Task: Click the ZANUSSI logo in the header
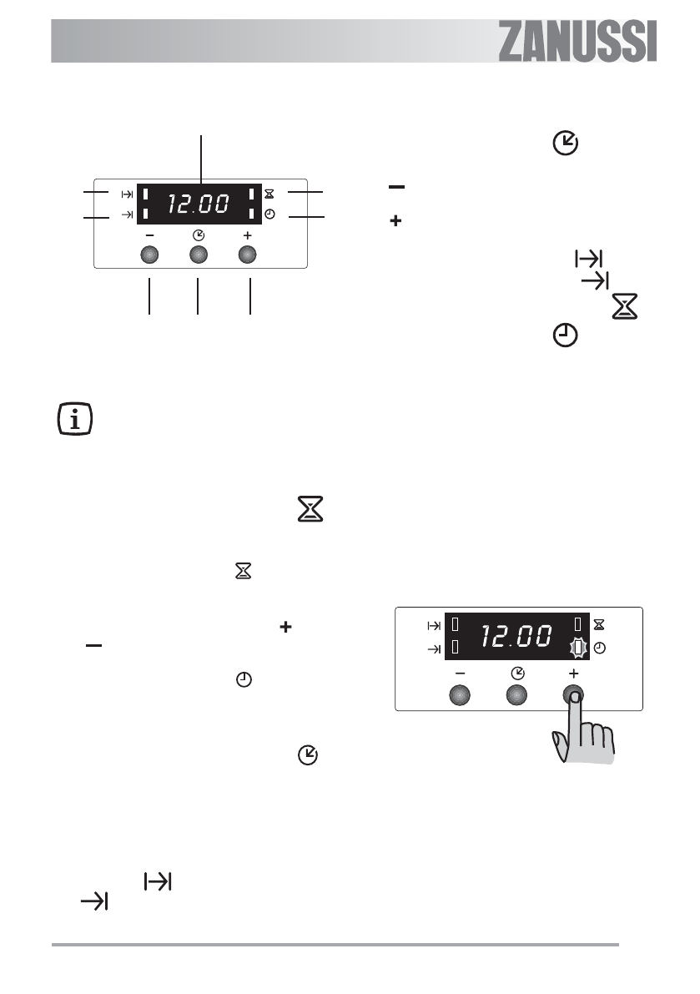(x=577, y=41)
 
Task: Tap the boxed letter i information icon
(x=75, y=418)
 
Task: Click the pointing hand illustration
(x=583, y=729)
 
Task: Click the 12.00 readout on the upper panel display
(x=198, y=204)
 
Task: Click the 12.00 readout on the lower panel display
(x=516, y=636)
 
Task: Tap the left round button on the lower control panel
(x=459, y=695)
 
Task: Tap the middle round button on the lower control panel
(x=517, y=695)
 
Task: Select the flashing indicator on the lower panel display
(x=577, y=648)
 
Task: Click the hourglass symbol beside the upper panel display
(x=269, y=194)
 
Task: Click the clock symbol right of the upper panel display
(x=269, y=214)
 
